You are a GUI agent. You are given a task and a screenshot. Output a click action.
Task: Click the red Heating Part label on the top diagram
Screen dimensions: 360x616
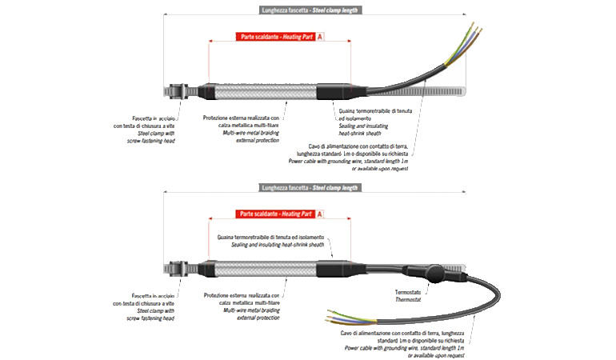click(275, 37)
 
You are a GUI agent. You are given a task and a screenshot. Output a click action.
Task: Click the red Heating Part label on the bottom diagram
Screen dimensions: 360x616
click(275, 214)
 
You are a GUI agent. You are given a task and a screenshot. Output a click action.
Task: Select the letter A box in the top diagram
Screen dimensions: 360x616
click(320, 37)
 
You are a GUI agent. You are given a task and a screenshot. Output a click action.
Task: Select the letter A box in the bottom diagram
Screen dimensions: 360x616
click(320, 214)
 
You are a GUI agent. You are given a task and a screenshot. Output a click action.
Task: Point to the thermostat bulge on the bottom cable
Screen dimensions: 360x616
click(432, 275)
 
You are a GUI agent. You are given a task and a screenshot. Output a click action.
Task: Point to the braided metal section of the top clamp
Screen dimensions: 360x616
click(264, 90)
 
